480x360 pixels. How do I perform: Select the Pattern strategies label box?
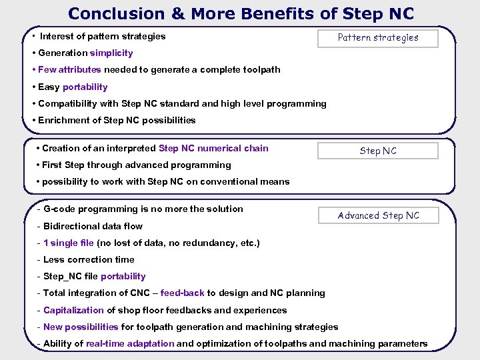click(378, 38)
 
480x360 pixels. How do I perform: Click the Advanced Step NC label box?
click(378, 215)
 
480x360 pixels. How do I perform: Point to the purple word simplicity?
click(111, 53)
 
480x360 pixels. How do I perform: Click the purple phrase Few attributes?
click(70, 69)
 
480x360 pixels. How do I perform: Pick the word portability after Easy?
click(85, 87)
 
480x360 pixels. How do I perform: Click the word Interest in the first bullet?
click(58, 36)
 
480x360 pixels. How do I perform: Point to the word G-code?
click(59, 209)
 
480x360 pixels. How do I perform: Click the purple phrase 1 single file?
click(69, 243)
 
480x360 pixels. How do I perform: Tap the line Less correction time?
click(89, 259)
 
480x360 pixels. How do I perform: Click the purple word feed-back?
click(182, 293)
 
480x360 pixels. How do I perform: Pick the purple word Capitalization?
click(73, 310)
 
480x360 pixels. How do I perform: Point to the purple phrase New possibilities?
click(81, 327)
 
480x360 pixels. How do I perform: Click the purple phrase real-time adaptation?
click(130, 344)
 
